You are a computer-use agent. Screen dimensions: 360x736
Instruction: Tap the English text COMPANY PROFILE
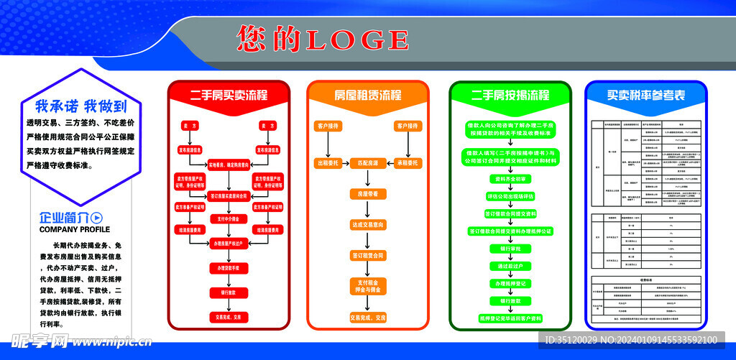tap(75, 230)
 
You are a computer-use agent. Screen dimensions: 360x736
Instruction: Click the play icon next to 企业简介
tap(98, 218)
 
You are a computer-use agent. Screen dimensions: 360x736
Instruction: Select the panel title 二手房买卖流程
tap(229, 96)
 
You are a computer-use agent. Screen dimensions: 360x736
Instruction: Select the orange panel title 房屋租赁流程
tap(368, 96)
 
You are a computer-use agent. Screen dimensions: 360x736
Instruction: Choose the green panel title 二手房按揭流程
tap(510, 96)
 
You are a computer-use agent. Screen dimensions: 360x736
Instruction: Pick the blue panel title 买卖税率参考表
tap(645, 96)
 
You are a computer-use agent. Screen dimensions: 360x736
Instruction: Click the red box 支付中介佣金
tap(228, 218)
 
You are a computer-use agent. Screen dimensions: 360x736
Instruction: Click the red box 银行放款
tap(228, 292)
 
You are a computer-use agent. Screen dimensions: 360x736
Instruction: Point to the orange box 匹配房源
tap(368, 163)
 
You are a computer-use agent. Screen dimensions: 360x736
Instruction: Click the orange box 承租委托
tap(407, 163)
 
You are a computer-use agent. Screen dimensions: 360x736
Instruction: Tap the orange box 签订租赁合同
tap(368, 255)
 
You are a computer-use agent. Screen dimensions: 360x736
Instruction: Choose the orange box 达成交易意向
tap(368, 225)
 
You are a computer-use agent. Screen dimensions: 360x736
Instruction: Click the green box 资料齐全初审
tap(510, 178)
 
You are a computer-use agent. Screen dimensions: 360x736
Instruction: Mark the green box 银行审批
tap(510, 249)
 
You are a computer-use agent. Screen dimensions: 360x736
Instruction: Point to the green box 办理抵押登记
tap(510, 284)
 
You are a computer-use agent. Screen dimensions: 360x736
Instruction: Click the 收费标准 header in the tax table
tap(645, 282)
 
